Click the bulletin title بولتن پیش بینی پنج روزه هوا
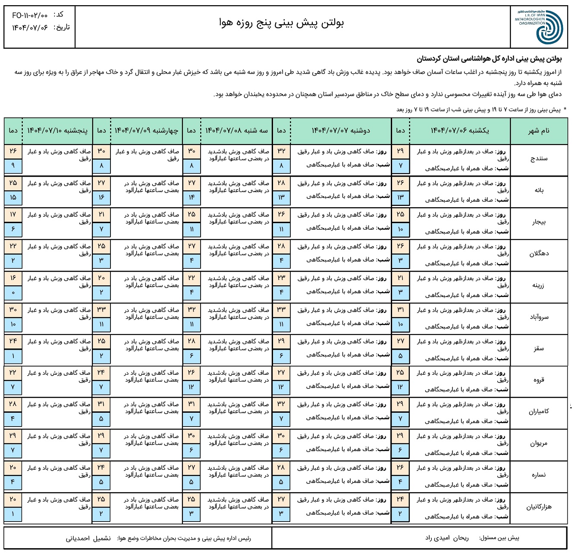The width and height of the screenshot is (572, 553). point(281,23)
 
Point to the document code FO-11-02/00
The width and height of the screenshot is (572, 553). point(30,16)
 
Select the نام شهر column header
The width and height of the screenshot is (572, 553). point(539,131)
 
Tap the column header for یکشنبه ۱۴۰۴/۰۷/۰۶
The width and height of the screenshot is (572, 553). point(459,131)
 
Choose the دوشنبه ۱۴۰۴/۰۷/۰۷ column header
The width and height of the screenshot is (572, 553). point(341,131)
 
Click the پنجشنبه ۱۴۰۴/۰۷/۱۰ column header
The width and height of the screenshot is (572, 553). point(57,131)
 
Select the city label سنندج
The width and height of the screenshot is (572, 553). point(539,158)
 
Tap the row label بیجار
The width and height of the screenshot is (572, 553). point(539,222)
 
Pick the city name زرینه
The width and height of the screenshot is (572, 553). point(539,285)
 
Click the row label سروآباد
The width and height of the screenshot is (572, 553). point(539,317)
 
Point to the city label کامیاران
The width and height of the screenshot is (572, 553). point(539,412)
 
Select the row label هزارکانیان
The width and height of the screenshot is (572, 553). point(539,507)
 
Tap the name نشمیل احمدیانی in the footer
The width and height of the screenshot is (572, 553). point(88,538)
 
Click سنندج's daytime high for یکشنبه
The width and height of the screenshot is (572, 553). point(400,151)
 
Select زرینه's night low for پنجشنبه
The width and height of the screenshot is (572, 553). point(13,293)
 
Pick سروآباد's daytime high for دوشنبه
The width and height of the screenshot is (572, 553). point(281,310)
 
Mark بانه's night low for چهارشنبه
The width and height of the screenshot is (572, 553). point(101,197)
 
